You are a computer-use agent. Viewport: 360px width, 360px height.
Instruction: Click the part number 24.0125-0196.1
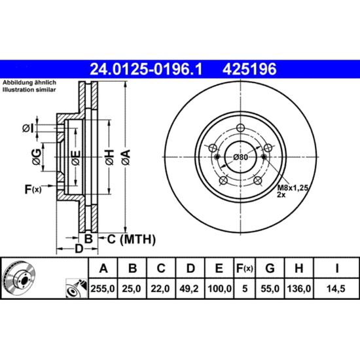coord(146,69)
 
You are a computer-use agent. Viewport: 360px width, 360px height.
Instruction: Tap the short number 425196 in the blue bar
coord(249,69)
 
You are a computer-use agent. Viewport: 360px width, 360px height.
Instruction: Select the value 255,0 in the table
coord(103,289)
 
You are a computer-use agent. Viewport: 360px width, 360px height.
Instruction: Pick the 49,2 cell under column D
coord(189,289)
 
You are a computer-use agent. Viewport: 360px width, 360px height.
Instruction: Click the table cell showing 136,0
coord(299,289)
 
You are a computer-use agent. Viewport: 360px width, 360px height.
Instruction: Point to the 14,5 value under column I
coord(336,289)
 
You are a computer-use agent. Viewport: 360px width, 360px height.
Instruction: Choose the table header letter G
coord(270,268)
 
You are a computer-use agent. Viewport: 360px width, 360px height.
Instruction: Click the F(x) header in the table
coord(245,268)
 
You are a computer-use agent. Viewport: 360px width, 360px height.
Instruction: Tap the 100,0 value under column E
coord(219,289)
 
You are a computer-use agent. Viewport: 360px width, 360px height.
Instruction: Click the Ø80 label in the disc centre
coord(240,157)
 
